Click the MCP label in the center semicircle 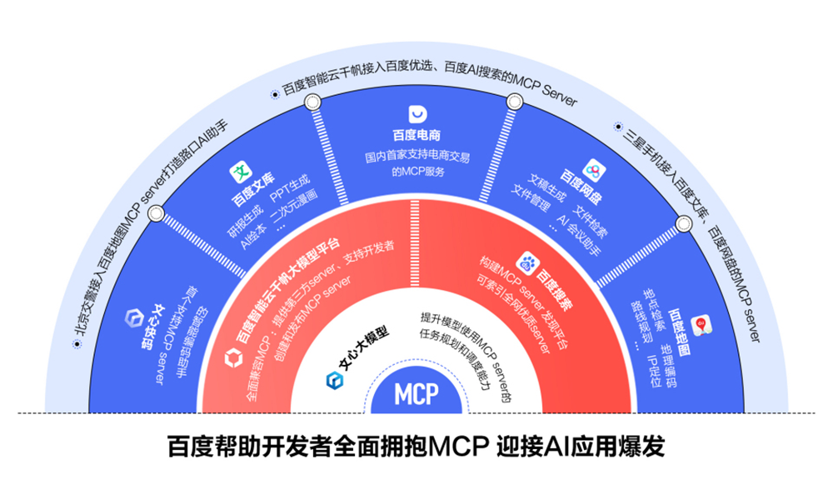[x=416, y=392]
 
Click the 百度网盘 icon [x=593, y=170]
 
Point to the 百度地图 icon [x=701, y=321]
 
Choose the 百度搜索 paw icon [x=529, y=262]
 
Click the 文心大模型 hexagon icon [x=335, y=381]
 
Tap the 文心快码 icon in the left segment [x=133, y=318]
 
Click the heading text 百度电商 [x=416, y=135]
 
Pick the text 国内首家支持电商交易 [x=416, y=156]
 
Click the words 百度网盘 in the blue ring [x=578, y=181]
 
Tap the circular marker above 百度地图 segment [x=684, y=222]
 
